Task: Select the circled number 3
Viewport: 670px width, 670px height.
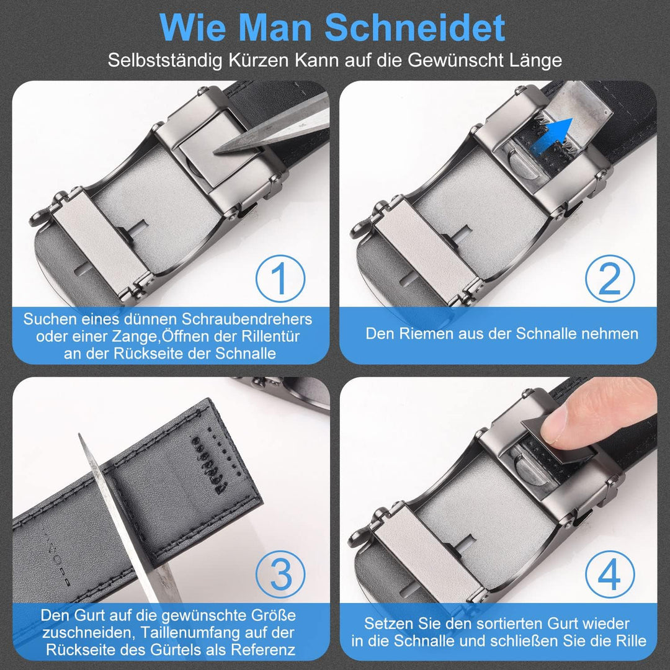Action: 280,575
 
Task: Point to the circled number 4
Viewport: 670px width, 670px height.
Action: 609,575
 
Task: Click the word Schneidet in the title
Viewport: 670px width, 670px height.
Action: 415,28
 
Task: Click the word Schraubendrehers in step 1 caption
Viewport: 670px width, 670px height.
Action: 247,319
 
